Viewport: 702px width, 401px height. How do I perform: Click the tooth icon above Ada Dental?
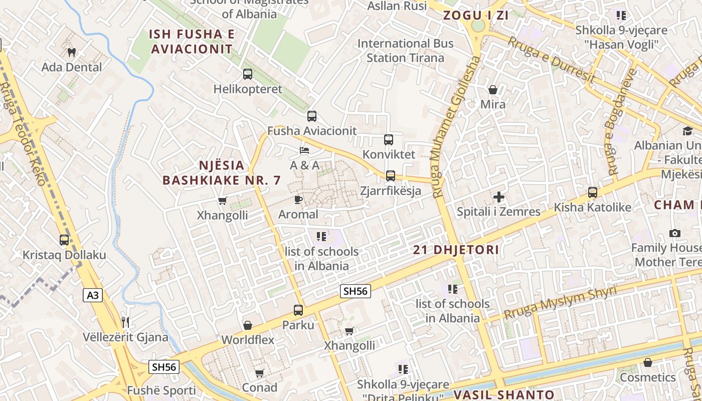[x=71, y=52]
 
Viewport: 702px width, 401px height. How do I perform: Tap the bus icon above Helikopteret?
[x=248, y=74]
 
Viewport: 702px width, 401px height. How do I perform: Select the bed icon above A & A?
[x=304, y=150]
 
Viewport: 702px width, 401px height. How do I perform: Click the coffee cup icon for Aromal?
[x=298, y=200]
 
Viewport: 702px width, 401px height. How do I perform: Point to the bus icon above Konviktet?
[x=389, y=140]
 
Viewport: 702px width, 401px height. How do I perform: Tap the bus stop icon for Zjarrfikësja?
[x=391, y=176]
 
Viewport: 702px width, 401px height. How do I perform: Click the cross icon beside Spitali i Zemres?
[x=498, y=197]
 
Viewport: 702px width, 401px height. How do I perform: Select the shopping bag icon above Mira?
[x=493, y=90]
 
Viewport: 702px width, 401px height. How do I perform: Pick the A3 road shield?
[x=93, y=295]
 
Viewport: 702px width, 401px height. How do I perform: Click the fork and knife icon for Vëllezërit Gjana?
[x=125, y=322]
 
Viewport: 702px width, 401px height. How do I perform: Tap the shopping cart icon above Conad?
[x=259, y=373]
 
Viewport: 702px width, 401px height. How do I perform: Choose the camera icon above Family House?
[x=675, y=234]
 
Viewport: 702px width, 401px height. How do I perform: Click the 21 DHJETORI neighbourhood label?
[x=456, y=250]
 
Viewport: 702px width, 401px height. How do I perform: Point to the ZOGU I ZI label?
[x=476, y=15]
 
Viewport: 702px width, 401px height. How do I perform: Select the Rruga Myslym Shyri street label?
[x=560, y=303]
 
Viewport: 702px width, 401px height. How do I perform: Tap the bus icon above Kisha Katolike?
[x=593, y=192]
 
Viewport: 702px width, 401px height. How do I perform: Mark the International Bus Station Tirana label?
[x=405, y=51]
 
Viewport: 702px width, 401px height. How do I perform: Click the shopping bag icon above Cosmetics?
[x=648, y=362]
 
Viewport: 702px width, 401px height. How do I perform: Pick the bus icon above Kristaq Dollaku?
[x=64, y=240]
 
